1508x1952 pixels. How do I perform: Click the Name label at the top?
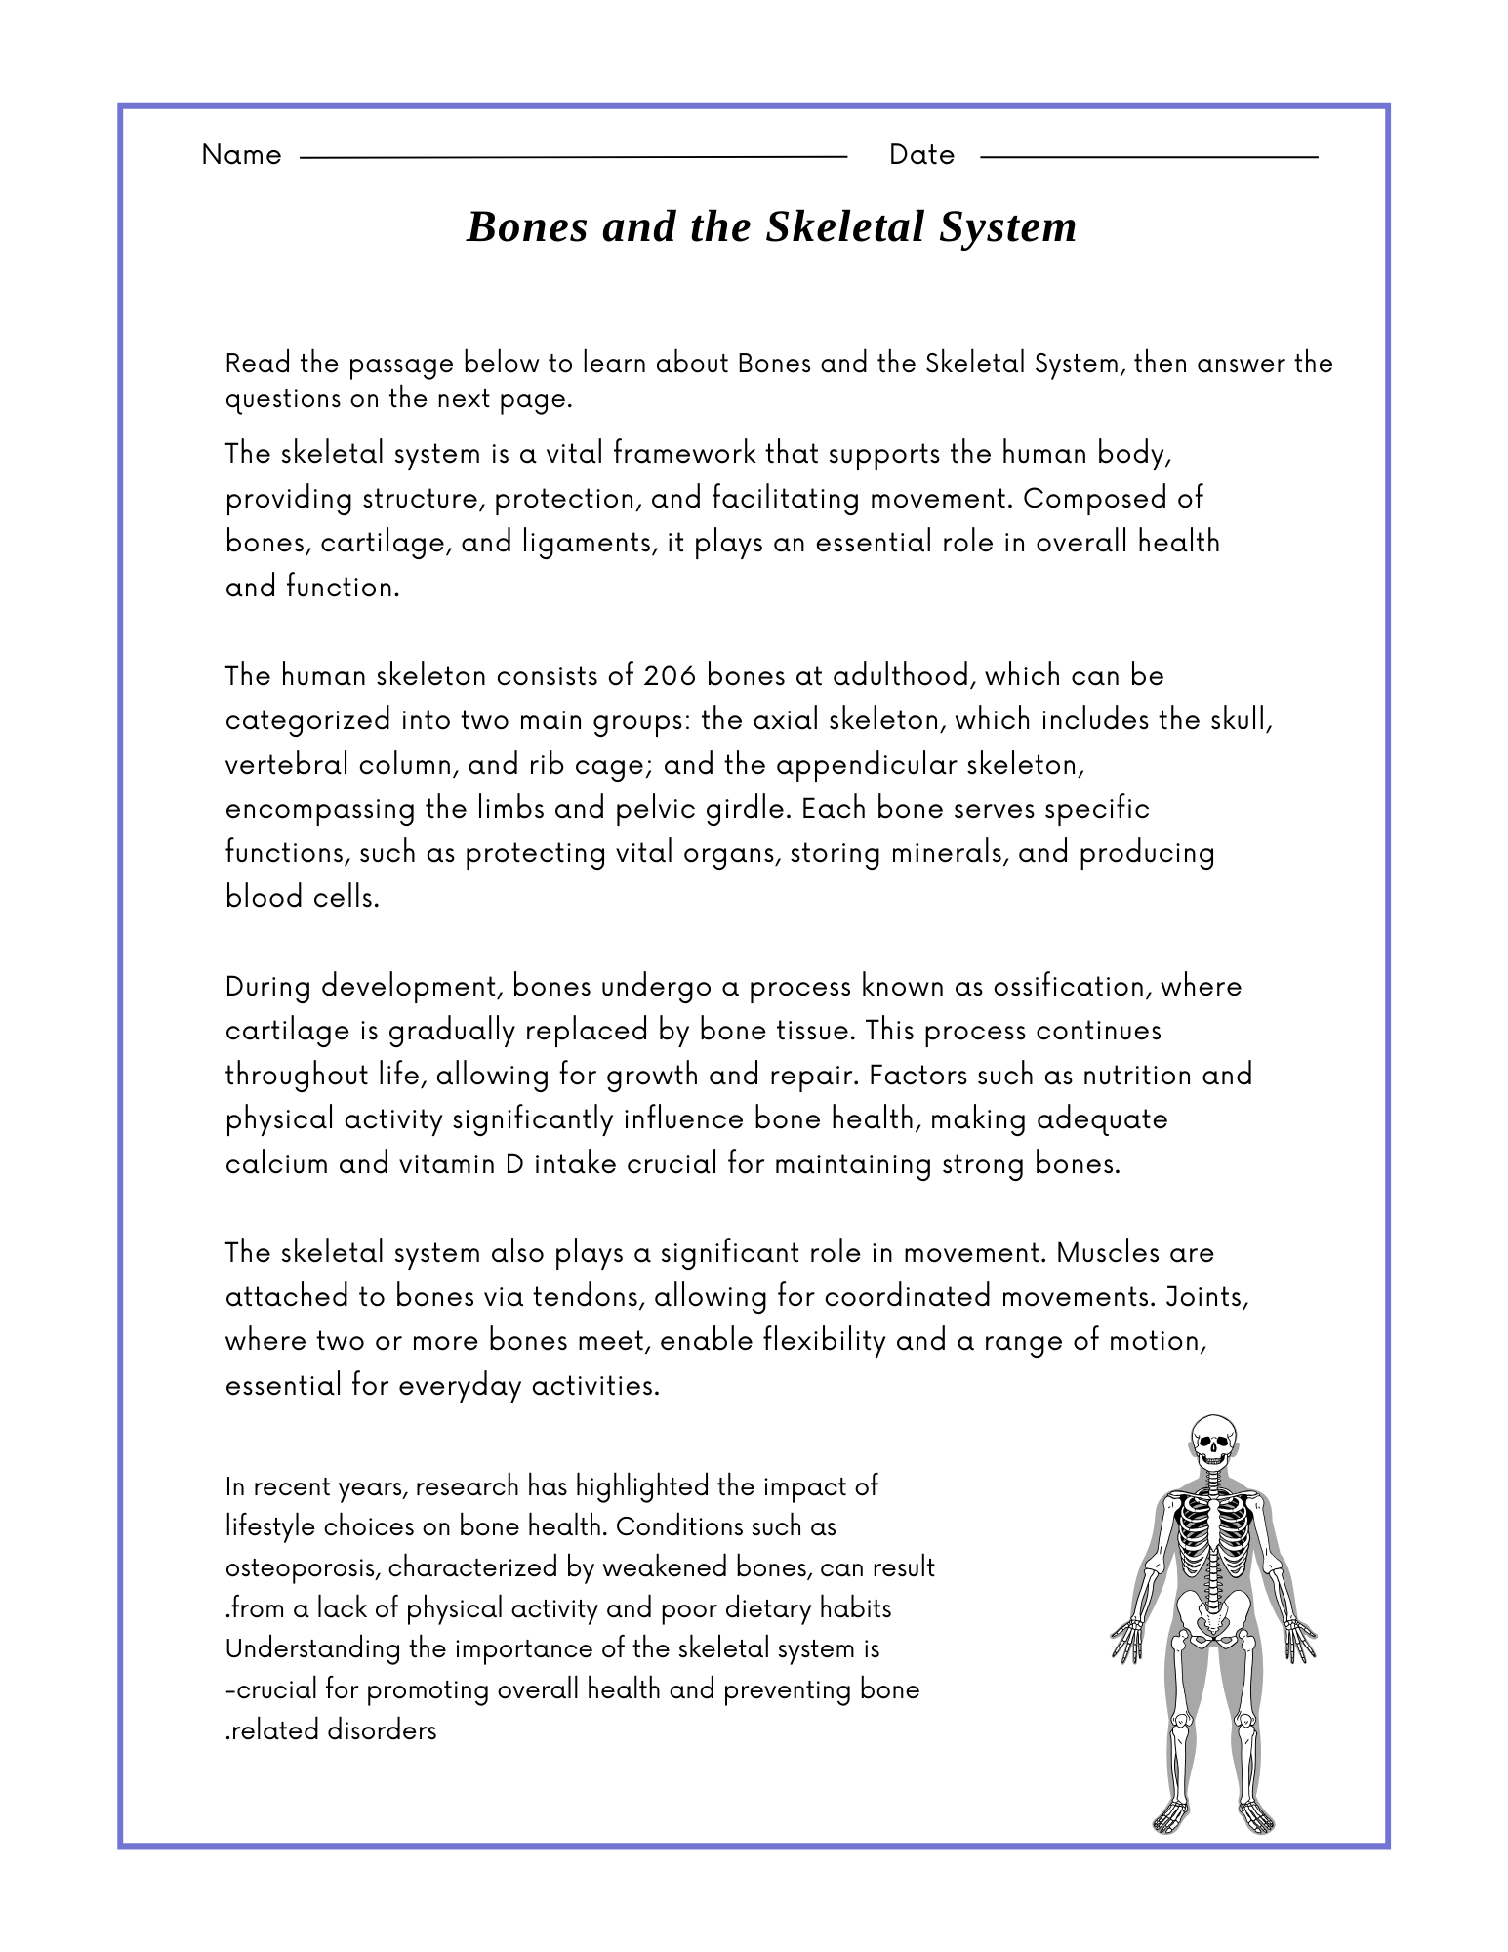coord(241,155)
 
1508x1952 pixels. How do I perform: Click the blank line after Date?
coord(1148,156)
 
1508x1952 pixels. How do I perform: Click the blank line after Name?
coord(573,156)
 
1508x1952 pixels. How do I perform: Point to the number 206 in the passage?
coord(669,675)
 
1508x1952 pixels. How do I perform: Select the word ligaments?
coord(580,543)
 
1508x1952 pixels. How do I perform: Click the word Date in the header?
coord(921,155)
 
